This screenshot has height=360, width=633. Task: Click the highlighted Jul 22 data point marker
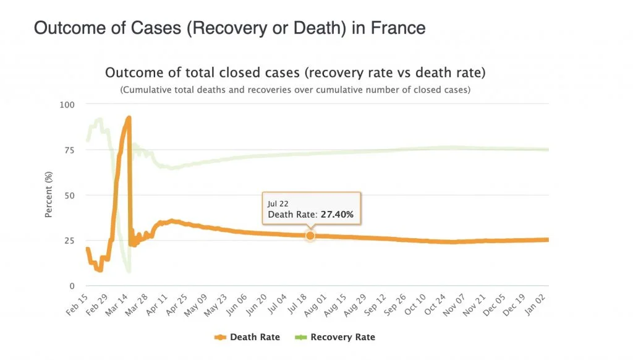coord(310,235)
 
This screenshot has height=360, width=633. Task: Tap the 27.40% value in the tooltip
coord(337,215)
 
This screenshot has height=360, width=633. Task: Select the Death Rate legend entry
coord(254,337)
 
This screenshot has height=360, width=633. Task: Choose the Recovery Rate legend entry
coord(342,337)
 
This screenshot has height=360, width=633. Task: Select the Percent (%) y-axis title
coord(48,195)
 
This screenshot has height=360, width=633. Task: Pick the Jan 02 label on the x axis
coord(540,302)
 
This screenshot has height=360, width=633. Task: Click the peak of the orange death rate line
coord(129,118)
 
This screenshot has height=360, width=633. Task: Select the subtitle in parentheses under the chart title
coord(295,90)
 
